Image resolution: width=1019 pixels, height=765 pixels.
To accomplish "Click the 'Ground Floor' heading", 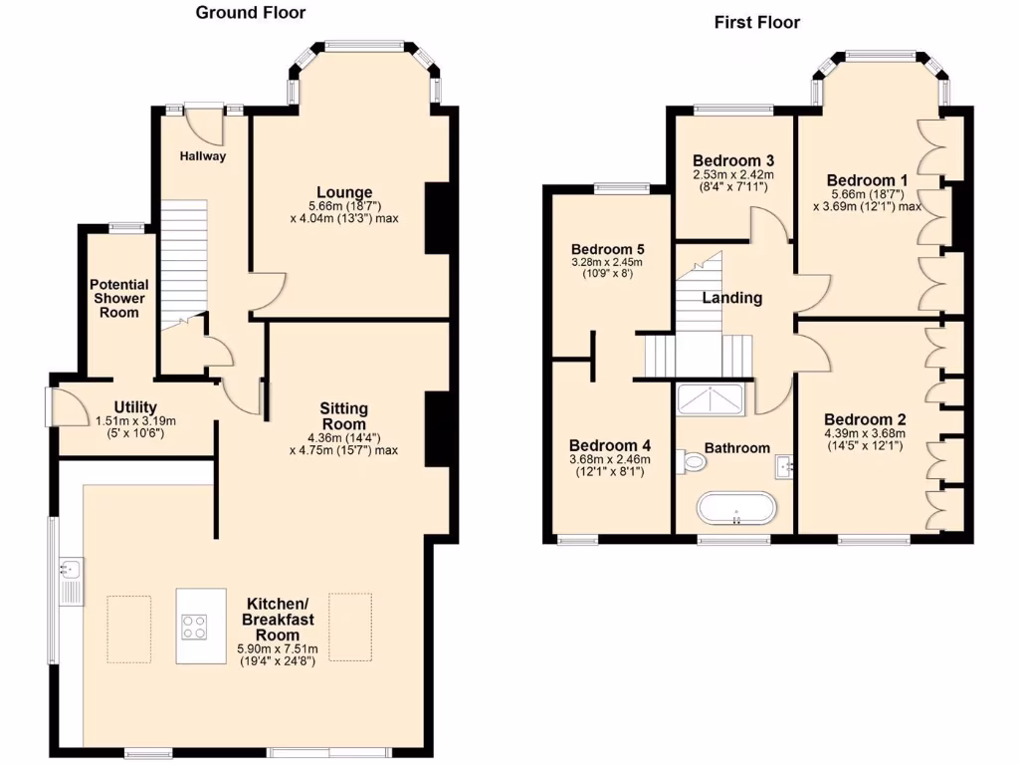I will [x=250, y=13].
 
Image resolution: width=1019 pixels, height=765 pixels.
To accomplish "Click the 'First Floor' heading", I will [x=756, y=22].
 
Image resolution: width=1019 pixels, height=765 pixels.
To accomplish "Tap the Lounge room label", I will [x=344, y=192].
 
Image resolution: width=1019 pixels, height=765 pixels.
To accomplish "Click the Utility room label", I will [x=136, y=406].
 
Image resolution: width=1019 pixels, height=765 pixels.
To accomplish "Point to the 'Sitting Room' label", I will [x=343, y=416].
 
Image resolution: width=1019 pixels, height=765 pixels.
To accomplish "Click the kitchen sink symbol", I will [x=71, y=571].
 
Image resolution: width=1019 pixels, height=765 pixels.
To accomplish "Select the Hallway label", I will [x=203, y=156].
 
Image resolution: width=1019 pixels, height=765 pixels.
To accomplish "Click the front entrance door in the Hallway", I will [x=205, y=124].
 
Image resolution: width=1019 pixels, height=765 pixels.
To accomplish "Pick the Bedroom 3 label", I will [x=733, y=160].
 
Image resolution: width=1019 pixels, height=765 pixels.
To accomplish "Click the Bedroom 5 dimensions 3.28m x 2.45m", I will [x=607, y=263].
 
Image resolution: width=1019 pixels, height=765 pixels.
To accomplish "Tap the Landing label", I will [x=732, y=297].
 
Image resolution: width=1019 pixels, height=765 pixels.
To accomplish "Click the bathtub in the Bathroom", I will [x=735, y=508].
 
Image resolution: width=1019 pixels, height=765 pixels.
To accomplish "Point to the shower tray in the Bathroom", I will [x=711, y=399].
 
